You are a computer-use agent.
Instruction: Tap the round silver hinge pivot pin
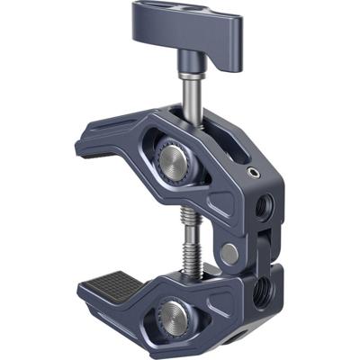tap(230, 254)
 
